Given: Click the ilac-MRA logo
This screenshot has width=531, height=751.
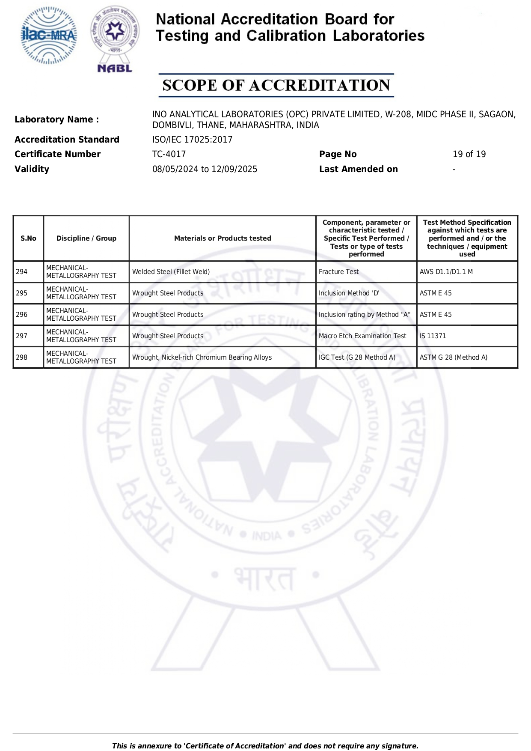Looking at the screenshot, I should coord(49,36).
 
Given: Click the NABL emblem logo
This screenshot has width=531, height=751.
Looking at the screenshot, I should coord(115,39).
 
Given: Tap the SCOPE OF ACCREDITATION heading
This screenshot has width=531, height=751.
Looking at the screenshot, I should coord(276,85).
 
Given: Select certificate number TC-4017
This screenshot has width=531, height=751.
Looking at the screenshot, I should coord(169,154).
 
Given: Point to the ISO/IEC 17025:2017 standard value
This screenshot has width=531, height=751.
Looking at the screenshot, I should coord(192,140).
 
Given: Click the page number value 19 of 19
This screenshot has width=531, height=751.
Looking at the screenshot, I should coord(469,154).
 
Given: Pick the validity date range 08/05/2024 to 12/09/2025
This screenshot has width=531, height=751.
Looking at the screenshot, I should coord(205,169).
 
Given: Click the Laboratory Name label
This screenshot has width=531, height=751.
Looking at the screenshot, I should coord(56,119).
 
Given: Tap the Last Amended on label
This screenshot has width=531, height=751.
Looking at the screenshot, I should coord(358,169).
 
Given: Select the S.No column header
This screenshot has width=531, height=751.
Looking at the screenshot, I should coord(28,238).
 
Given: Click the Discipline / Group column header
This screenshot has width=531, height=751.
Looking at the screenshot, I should coord(86,238).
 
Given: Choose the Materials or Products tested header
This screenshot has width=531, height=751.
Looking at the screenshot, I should coord(222,238).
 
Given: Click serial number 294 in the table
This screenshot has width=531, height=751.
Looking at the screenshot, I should coord(22,272).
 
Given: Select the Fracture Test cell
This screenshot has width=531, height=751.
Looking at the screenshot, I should coord(338,272).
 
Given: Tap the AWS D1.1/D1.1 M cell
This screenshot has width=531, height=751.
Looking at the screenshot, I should coord(446,272).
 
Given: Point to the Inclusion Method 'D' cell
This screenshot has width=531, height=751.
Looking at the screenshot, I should coord(349,293).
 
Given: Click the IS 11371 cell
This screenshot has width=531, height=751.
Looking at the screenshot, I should coord(433,336).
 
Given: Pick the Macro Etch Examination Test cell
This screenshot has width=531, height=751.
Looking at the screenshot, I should coord(362,336).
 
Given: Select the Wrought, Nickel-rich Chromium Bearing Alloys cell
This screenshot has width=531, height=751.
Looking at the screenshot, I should coord(202,358).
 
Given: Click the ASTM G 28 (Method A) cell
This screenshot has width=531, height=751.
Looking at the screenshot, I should coord(453,358).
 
